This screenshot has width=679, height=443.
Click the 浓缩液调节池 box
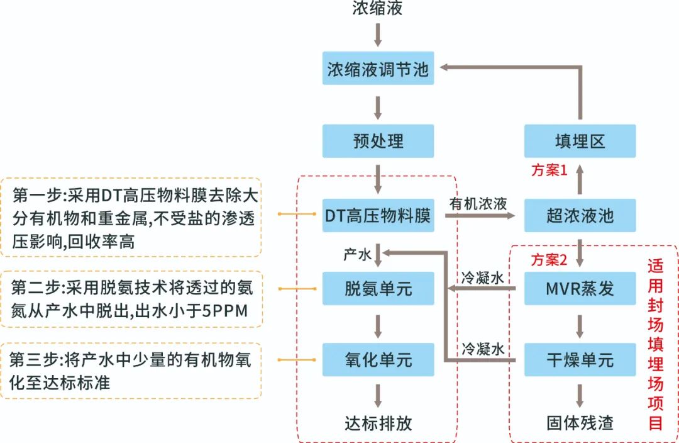(378, 69)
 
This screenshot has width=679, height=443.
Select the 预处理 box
(378, 141)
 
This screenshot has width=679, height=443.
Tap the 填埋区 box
(580, 141)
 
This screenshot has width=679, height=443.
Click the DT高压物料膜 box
(378, 216)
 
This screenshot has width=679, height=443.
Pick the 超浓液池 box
(580, 216)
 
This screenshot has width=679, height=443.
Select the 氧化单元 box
(378, 360)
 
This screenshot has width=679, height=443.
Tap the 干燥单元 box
(580, 360)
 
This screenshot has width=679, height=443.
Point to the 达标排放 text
(378, 423)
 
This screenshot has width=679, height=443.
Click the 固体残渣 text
(580, 423)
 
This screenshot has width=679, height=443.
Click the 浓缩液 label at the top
(378, 9)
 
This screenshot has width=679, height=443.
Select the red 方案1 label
(549, 169)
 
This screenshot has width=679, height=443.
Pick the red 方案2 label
(549, 259)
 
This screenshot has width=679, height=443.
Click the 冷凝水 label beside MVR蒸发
(483, 278)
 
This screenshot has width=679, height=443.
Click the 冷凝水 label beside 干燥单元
(483, 349)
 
